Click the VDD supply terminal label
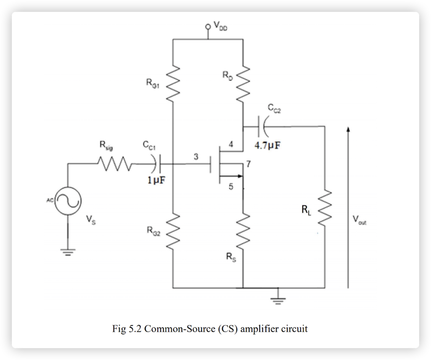coord(220,26)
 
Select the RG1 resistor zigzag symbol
coord(173,83)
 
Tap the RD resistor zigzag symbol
coord(243,83)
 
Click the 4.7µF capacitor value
coord(268,146)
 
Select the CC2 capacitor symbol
coord(262,126)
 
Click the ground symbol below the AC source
coord(68,252)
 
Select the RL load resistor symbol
coord(325,209)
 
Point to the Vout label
coord(359,219)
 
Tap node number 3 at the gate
coord(195,157)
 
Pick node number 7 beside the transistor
coord(249,163)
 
